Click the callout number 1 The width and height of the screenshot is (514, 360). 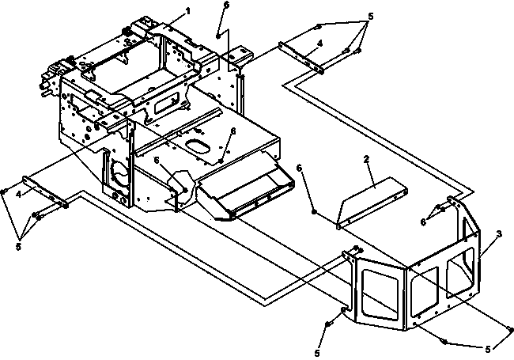click(188, 11)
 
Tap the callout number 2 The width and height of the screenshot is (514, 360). click(366, 159)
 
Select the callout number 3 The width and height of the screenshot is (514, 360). click(499, 234)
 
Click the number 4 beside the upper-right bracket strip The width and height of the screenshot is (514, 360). click(320, 44)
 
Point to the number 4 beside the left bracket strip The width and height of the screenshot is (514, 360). click(19, 195)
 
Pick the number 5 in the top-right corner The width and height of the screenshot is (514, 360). click(371, 17)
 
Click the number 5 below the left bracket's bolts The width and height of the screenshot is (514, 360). click(18, 247)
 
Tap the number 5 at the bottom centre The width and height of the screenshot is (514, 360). click(317, 353)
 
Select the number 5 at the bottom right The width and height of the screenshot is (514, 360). click(488, 350)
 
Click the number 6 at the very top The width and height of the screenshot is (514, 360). click(226, 6)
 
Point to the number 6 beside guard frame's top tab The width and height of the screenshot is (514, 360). click(424, 222)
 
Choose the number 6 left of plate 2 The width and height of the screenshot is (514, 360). click(299, 168)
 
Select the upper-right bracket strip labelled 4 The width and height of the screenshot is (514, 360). click(301, 58)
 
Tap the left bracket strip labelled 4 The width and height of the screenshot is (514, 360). click(45, 192)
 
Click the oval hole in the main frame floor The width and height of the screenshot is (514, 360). click(197, 146)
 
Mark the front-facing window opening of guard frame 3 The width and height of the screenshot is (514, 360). click(380, 290)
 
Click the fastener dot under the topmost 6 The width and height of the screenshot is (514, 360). click(218, 36)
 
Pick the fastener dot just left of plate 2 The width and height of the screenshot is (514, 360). click(314, 212)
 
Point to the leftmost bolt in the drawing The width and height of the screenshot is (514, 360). click(4, 191)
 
